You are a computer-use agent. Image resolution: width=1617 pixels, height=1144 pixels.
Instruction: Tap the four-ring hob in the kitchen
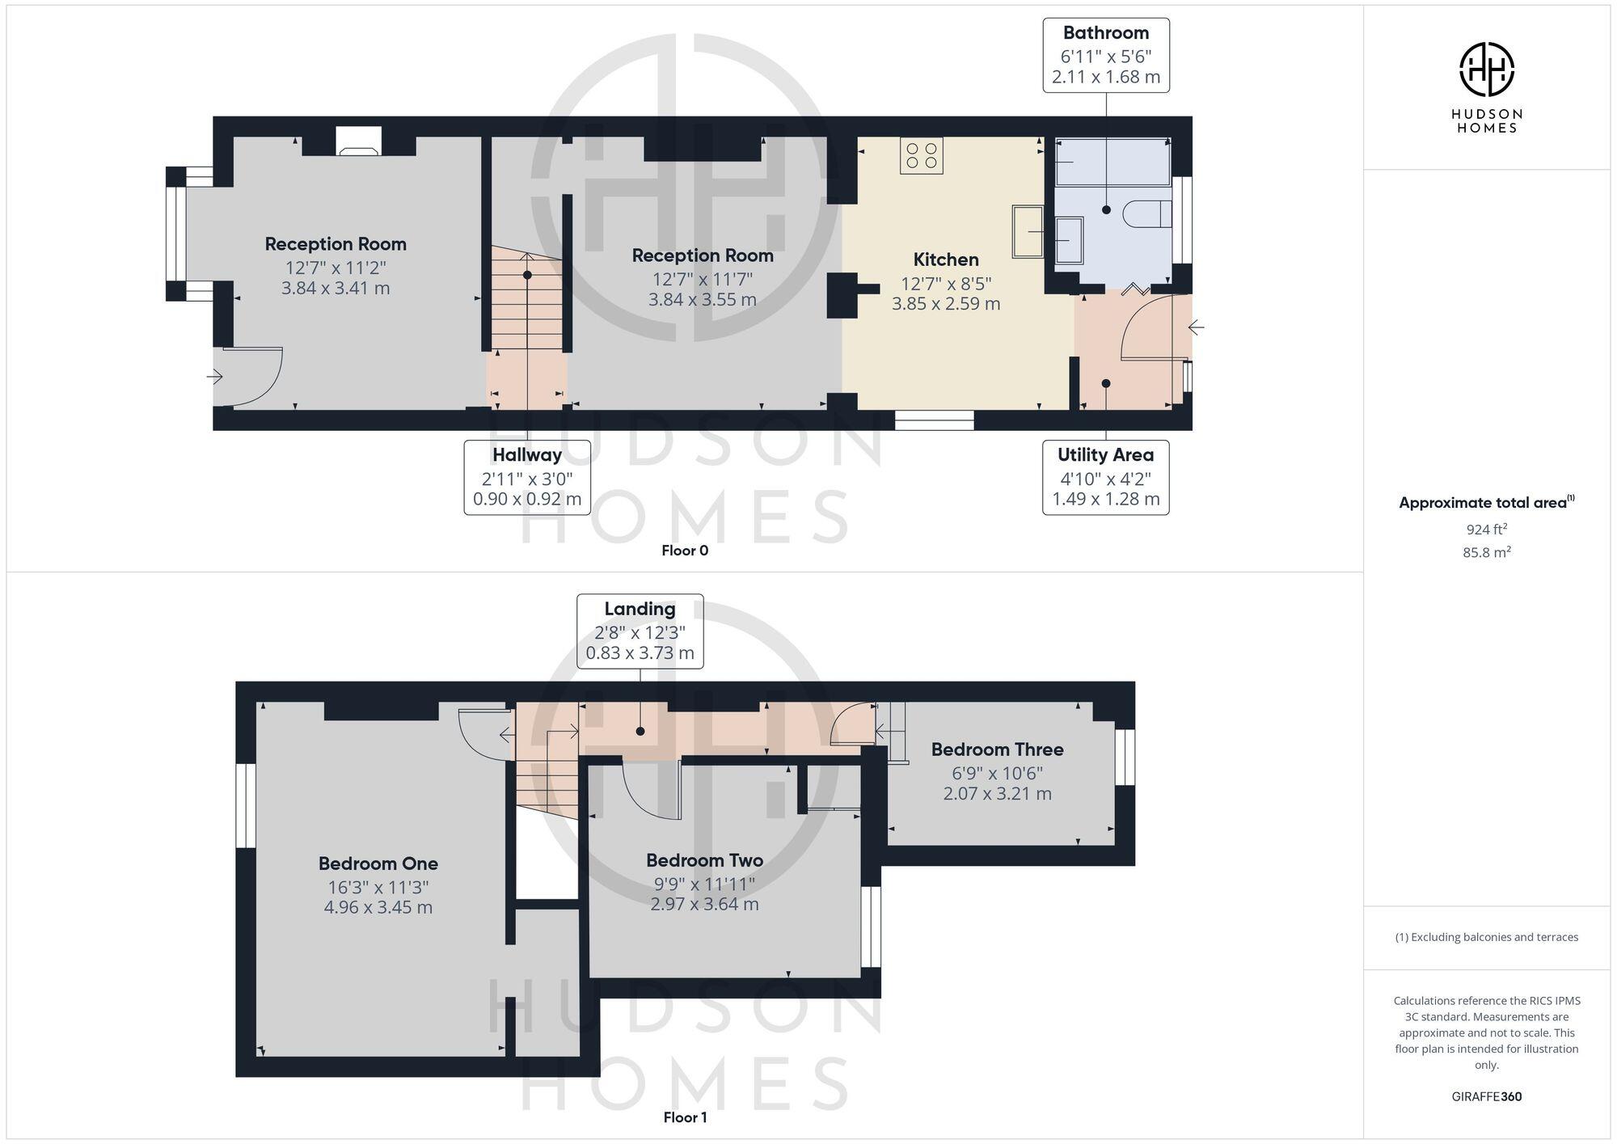pyautogui.click(x=922, y=155)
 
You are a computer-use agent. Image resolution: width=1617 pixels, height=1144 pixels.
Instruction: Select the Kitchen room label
pyautogui.click(x=946, y=260)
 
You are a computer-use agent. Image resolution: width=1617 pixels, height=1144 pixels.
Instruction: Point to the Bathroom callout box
pyautogui.click(x=1105, y=55)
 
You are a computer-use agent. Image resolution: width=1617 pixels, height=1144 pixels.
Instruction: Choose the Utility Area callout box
pyautogui.click(x=1105, y=477)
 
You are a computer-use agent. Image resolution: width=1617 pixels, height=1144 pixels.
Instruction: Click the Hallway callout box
pyautogui.click(x=527, y=477)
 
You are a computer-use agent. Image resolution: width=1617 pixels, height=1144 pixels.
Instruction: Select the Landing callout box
pyautogui.click(x=640, y=631)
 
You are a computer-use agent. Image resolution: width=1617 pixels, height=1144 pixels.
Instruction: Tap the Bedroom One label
pyautogui.click(x=378, y=863)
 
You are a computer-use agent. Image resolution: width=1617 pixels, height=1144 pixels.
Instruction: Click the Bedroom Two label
pyautogui.click(x=704, y=860)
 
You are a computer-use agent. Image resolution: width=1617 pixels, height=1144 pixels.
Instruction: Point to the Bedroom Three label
pyautogui.click(x=997, y=749)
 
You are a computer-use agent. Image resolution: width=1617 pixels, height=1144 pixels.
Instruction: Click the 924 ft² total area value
pyautogui.click(x=1486, y=530)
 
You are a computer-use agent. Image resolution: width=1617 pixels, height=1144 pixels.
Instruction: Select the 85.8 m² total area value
pyautogui.click(x=1486, y=553)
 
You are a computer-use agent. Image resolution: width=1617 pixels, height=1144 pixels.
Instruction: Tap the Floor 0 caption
pyautogui.click(x=684, y=551)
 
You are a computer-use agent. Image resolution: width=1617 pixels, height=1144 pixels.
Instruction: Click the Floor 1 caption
pyautogui.click(x=684, y=1117)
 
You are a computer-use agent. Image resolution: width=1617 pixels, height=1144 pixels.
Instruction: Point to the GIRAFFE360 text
pyautogui.click(x=1486, y=1096)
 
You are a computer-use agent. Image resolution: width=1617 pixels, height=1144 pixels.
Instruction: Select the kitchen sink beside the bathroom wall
pyautogui.click(x=1028, y=231)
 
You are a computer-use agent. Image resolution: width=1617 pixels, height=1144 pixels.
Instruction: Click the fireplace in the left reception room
pyautogui.click(x=358, y=142)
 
